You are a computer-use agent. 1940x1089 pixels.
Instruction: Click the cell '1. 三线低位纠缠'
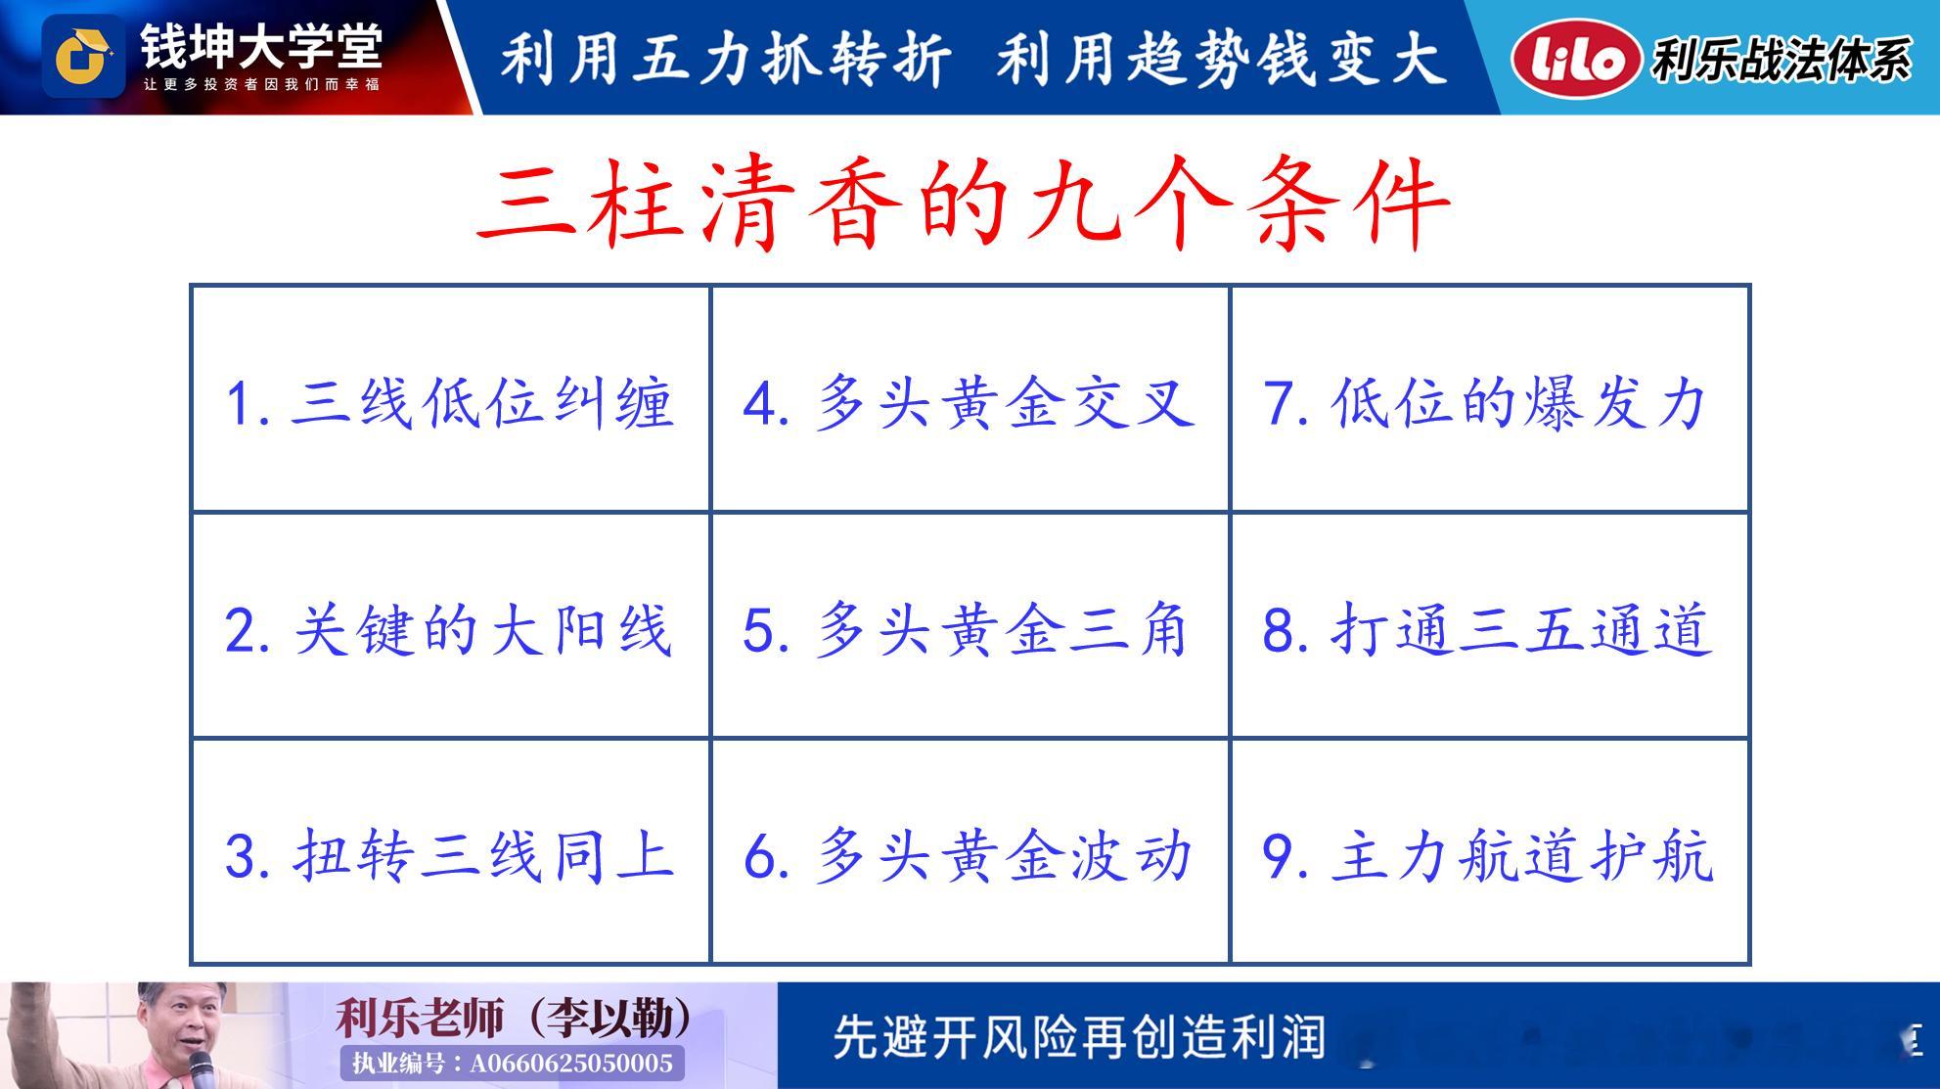click(451, 399)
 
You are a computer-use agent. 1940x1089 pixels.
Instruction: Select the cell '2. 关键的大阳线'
click(451, 626)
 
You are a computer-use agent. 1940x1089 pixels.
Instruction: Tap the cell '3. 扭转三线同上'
click(451, 851)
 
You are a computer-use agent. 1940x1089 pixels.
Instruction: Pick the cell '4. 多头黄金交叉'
click(970, 399)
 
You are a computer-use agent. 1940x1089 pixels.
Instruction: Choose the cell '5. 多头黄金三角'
click(970, 626)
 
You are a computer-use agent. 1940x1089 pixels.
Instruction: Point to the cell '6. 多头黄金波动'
click(970, 851)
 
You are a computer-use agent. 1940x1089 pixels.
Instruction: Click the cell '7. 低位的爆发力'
click(1489, 399)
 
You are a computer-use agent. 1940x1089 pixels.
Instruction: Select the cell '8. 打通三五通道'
click(1489, 626)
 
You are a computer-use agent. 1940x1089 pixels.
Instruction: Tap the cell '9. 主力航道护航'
click(1489, 851)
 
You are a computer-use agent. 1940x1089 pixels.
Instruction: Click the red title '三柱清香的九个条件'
click(964, 204)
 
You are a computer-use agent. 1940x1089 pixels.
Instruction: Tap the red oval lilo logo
click(1575, 59)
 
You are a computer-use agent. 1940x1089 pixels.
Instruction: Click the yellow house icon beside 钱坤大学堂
click(82, 57)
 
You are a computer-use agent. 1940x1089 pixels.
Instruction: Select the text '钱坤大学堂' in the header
click(261, 45)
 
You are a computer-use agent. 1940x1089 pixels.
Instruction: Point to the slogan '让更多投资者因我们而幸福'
click(261, 85)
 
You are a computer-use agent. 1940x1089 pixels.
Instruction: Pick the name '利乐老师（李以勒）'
click(514, 1019)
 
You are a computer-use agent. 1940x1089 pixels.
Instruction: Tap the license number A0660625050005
click(571, 1064)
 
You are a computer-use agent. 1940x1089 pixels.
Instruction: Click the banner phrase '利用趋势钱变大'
click(1222, 58)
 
